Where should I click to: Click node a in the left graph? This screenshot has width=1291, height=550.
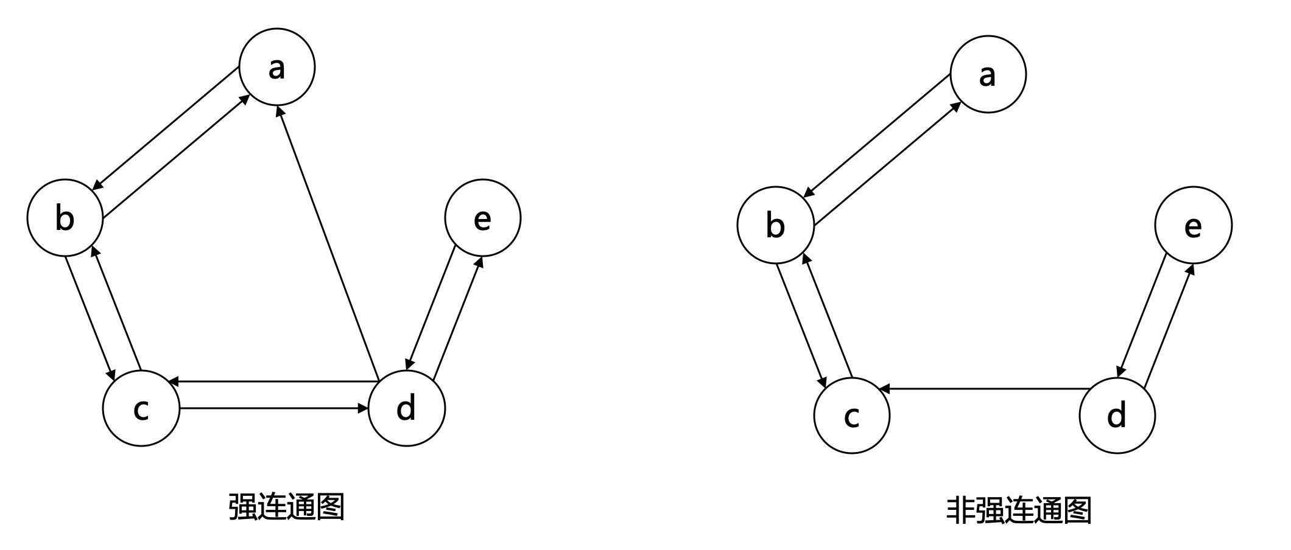point(277,66)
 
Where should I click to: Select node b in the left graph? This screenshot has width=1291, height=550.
point(65,217)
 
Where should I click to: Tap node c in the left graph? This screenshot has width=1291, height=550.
point(141,408)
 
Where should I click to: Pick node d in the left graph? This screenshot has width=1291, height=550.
point(407,408)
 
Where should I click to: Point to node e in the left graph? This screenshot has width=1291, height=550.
point(483,217)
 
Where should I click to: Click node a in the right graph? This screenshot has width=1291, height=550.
point(988,74)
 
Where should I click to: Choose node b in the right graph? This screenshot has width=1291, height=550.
point(775,225)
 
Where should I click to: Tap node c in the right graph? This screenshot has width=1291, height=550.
point(852,416)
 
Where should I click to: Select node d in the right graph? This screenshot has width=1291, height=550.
point(1117,416)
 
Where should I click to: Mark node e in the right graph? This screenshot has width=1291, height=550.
point(1193,225)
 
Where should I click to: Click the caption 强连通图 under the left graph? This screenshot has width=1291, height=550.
point(286,507)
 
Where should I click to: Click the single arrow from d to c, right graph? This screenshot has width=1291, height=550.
point(987,388)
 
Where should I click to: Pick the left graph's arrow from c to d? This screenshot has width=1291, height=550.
point(274,408)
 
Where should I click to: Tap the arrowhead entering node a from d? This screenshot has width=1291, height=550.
point(280,111)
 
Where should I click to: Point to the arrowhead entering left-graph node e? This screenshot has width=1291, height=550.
point(479,262)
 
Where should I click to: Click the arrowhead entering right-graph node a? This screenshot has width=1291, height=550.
point(956,106)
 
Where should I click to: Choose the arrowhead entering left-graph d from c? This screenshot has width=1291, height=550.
point(364,408)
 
